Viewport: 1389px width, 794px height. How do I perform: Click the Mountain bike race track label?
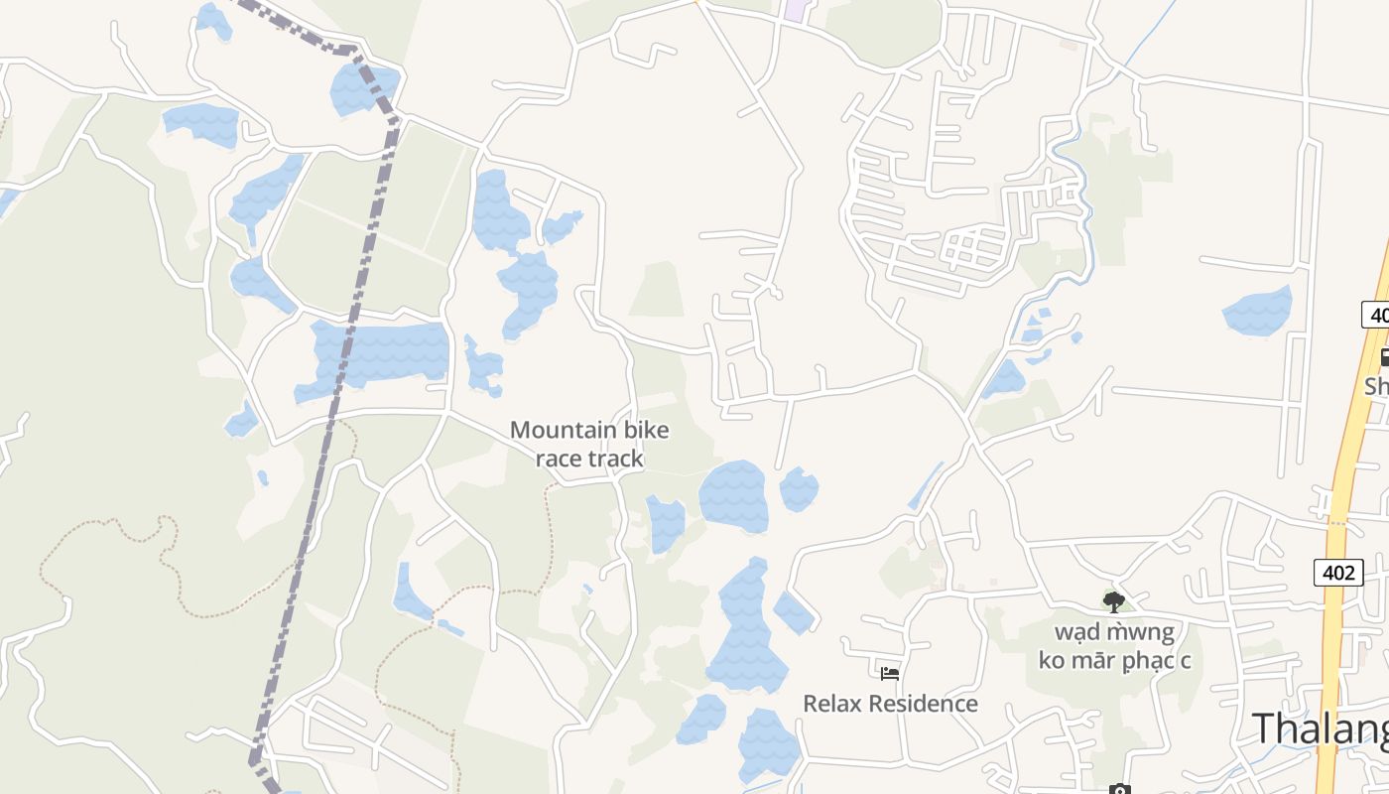coord(589,444)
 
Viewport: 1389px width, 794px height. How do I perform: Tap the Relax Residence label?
coord(890,704)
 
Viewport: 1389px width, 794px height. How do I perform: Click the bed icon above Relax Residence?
coord(890,673)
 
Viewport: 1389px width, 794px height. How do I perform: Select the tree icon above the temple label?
coord(1114,601)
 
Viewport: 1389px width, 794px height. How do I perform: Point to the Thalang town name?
coord(1320,728)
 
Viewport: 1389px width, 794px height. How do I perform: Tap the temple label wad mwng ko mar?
coord(1114,645)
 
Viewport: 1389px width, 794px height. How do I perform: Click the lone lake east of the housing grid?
coord(1258,312)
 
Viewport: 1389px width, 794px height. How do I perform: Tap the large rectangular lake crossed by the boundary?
coord(382,351)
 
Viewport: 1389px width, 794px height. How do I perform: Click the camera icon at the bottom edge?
coord(1119,790)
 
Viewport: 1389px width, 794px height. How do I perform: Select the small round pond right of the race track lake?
coord(799,489)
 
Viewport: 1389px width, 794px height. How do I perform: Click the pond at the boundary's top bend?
coord(362,86)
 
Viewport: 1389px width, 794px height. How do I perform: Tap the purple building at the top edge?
coord(795,10)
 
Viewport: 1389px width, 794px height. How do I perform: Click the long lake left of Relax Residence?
coord(744,625)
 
